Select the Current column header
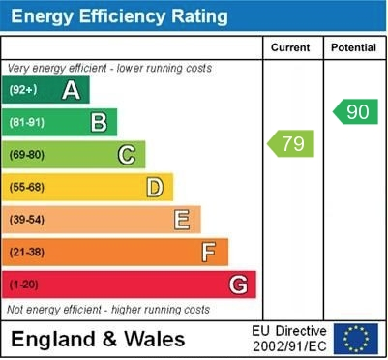pos(290,47)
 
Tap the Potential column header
pos(353,47)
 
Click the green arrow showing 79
pos(290,144)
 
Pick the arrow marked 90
pos(355,111)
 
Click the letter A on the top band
pos(71,90)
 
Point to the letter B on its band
pos(99,122)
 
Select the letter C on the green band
pos(127,154)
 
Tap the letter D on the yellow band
pos(155,187)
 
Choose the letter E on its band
pos(182,220)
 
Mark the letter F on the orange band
pos(209,252)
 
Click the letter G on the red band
pos(238,285)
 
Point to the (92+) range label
pos(23,90)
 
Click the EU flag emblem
pos(356,339)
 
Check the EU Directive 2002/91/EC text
pos(290,339)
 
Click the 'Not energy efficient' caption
pos(108,310)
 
